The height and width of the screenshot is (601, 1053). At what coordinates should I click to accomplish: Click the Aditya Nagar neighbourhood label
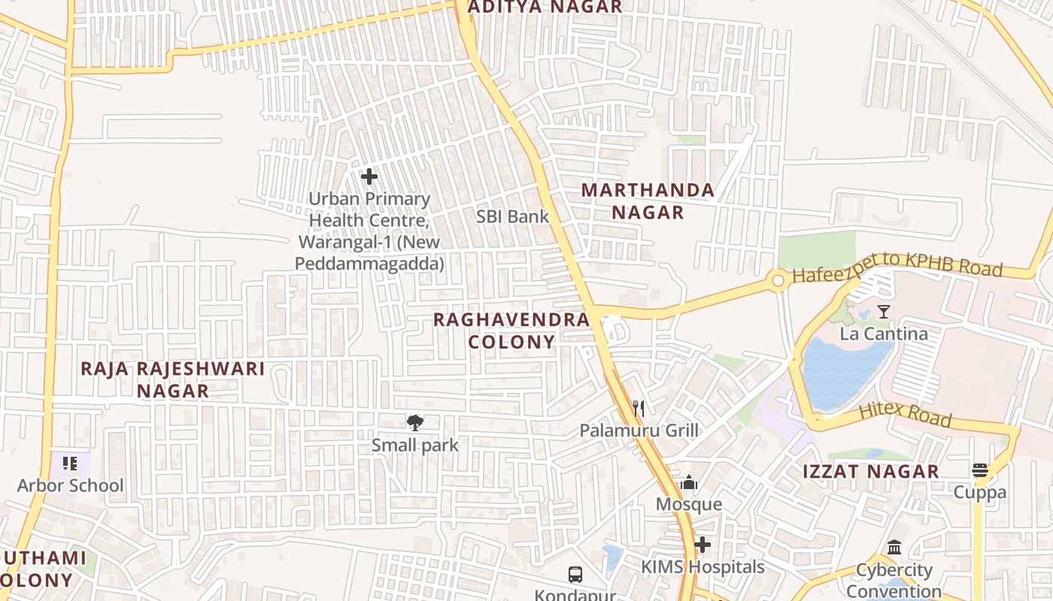coord(545,7)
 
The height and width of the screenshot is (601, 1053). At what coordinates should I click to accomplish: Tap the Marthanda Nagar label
coord(648,201)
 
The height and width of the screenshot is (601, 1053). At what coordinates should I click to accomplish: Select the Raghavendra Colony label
coord(511,331)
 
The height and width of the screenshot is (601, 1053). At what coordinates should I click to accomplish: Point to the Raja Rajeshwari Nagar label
coord(173,379)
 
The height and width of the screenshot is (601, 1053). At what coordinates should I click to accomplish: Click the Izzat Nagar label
coord(871,472)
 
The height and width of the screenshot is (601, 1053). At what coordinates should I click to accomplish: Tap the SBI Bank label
coord(513,216)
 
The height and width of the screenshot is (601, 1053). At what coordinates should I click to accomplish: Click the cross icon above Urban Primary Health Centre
coord(369,177)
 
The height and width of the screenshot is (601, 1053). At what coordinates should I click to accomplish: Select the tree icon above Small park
coord(414,422)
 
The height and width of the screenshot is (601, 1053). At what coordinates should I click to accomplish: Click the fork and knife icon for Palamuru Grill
coord(639,408)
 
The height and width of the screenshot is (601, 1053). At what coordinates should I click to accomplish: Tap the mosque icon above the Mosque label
coord(688,483)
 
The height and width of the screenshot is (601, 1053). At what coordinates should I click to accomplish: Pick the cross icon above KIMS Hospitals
coord(703,545)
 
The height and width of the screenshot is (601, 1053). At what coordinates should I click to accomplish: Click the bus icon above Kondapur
coord(575,575)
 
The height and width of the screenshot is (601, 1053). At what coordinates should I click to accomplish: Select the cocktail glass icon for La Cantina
coord(884,312)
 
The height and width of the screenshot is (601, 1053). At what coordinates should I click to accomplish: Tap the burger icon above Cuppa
coord(979,471)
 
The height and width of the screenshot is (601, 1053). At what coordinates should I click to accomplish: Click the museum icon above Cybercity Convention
coord(894,548)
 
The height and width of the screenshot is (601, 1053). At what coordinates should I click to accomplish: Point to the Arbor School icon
coord(70,464)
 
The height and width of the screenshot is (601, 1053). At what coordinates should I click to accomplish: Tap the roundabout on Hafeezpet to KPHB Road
coord(778,282)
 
